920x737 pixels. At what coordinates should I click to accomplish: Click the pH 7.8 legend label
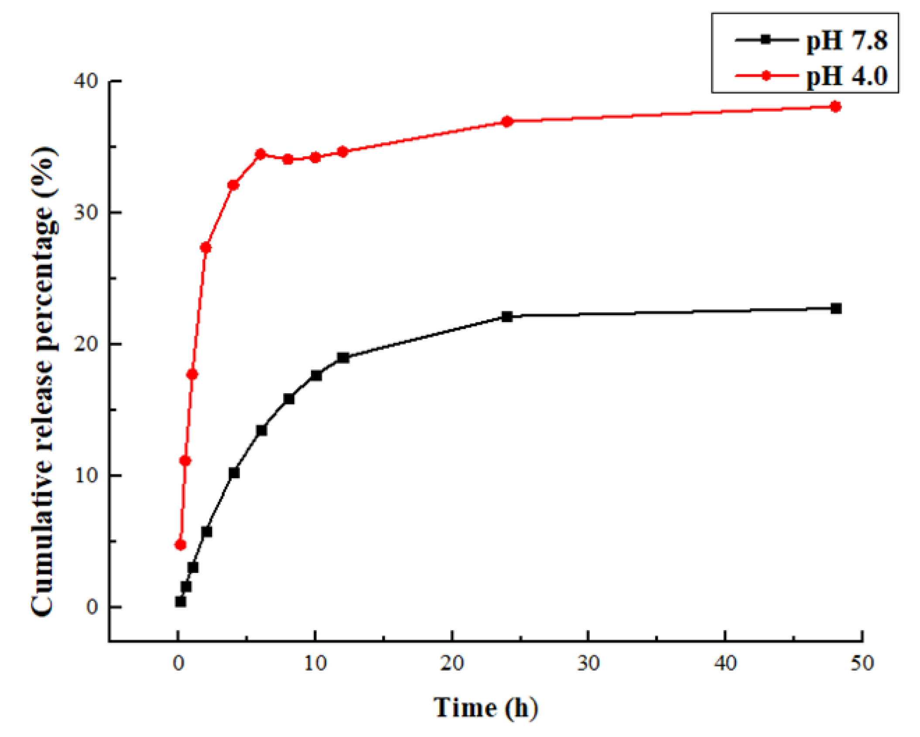coord(846,41)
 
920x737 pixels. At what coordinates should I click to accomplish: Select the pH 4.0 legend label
coord(846,76)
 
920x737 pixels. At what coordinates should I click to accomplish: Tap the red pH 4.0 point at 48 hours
coord(835,107)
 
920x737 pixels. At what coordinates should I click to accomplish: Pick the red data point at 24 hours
coord(506,121)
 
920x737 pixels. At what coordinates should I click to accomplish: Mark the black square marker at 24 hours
coord(506,316)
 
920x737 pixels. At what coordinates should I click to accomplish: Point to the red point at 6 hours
coord(260,154)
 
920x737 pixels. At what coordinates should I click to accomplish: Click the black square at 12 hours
coord(343,358)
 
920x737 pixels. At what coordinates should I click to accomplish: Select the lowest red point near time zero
coord(180,545)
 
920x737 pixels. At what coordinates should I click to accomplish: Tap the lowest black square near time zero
coord(180,601)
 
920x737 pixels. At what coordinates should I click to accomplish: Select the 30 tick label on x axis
coord(588,664)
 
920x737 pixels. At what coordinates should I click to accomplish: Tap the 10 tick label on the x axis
coord(315,664)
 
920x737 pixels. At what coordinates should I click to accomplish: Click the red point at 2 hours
coord(205,248)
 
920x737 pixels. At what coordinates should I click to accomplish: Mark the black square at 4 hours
coord(234,473)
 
